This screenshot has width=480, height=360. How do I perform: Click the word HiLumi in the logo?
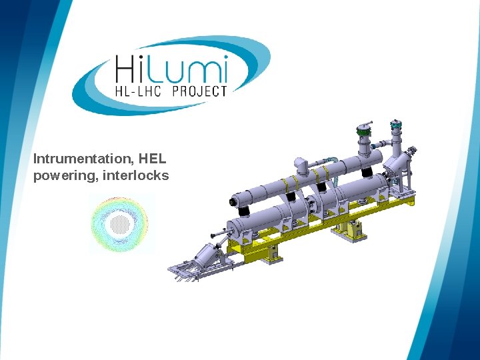coord(171,69)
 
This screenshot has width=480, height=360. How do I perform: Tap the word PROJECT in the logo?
coord(199,91)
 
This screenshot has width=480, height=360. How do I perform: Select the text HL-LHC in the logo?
coord(138,91)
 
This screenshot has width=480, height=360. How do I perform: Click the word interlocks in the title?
coord(135,175)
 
